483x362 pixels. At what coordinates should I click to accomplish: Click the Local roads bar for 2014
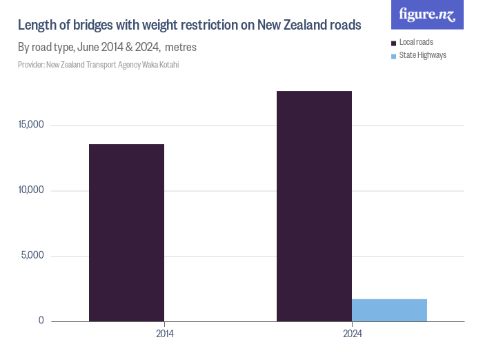[x=126, y=232]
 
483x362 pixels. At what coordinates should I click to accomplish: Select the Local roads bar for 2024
[x=314, y=206]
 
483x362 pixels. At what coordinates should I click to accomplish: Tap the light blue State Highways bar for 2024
[x=389, y=310]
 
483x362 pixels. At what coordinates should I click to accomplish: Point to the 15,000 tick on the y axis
[x=31, y=125]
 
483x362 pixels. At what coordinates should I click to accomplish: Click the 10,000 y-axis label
[x=31, y=190]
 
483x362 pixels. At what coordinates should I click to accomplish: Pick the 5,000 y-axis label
[x=33, y=255]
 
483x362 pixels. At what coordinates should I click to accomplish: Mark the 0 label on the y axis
[x=41, y=321]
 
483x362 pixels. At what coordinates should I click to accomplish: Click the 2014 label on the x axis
[x=164, y=334]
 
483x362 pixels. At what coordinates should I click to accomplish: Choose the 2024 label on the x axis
[x=352, y=334]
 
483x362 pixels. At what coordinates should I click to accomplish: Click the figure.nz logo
[x=427, y=14]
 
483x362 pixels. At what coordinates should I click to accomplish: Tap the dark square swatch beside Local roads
[x=393, y=43]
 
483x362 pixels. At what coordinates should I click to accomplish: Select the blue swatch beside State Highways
[x=393, y=56]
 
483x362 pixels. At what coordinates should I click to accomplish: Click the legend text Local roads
[x=416, y=42]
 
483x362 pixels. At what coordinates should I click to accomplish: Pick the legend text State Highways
[x=423, y=55]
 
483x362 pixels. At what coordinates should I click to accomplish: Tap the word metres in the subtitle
[x=181, y=48]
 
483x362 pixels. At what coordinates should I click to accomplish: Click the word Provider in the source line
[x=30, y=65]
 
